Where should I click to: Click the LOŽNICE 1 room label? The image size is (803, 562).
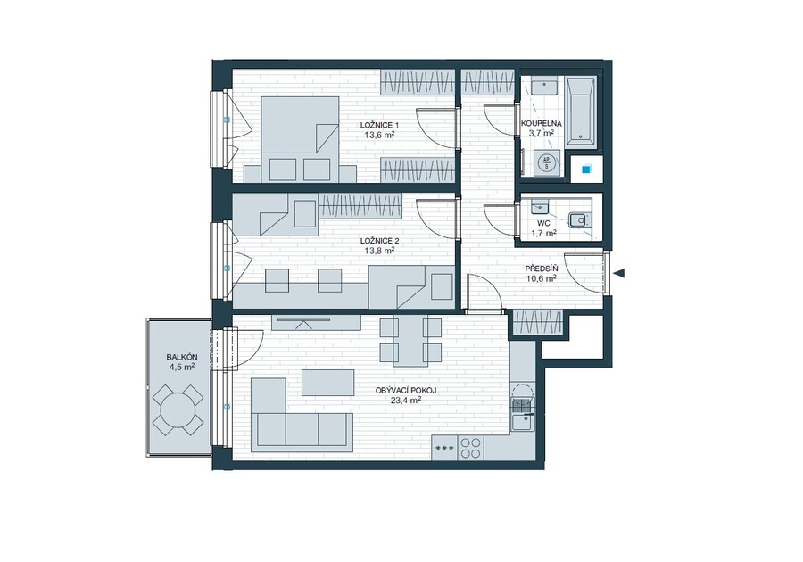[379, 126]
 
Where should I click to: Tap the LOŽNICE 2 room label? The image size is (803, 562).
[379, 241]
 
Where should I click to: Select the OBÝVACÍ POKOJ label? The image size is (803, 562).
[406, 391]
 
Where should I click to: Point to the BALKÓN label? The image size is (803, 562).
[182, 357]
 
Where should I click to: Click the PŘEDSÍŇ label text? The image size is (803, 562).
[542, 269]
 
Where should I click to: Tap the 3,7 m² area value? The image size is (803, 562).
[542, 134]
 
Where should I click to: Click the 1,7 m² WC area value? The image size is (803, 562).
[544, 234]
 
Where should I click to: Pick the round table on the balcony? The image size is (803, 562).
[178, 409]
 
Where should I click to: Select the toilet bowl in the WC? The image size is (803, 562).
[579, 220]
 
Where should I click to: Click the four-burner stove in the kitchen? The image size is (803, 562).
[470, 448]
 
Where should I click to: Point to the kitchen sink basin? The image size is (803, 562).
[522, 424]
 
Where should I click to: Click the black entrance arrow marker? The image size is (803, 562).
[618, 273]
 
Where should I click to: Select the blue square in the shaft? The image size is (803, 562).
[584, 169]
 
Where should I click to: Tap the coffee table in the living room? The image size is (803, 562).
[327, 383]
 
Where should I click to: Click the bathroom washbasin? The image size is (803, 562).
[544, 87]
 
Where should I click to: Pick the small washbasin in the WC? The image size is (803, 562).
[539, 206]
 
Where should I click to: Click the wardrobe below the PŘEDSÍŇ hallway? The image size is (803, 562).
[538, 322]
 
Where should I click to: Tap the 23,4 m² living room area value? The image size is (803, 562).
[406, 401]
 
